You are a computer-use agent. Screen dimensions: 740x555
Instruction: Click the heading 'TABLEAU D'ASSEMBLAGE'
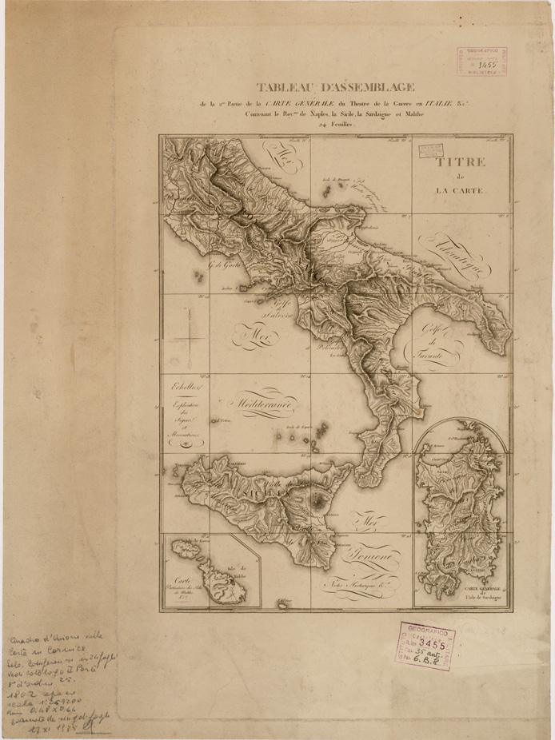click(335, 88)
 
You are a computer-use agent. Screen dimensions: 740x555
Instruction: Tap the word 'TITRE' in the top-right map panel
click(460, 162)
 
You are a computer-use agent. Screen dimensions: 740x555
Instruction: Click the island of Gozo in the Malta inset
click(188, 550)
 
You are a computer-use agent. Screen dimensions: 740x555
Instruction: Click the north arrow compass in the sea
click(187, 336)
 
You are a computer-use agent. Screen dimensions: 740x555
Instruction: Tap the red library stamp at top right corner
click(481, 61)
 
